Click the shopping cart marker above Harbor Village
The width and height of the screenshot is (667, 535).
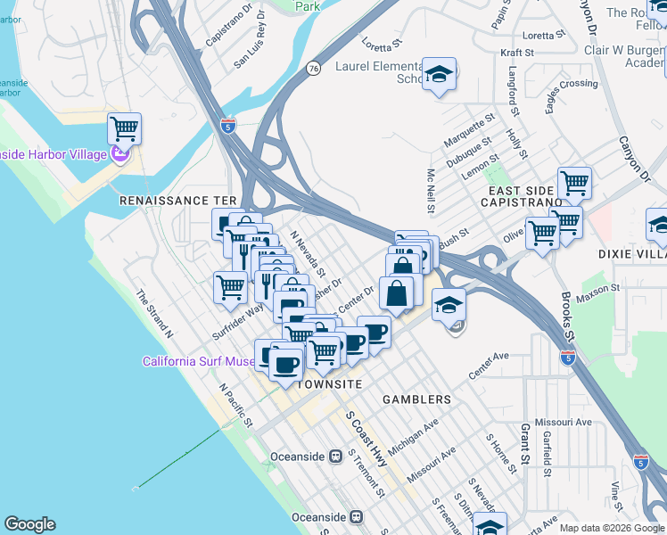pos(124,128)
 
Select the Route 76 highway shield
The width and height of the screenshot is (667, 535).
pos(313,68)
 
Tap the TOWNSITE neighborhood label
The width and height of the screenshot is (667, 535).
pos(328,383)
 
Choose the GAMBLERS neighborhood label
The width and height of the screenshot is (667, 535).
pos(417,399)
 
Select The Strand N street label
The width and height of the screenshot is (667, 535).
pos(154,313)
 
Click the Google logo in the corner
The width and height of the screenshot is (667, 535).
pos(30,524)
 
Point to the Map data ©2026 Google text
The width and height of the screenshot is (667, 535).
pos(611,528)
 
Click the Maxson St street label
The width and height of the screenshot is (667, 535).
pos(598,292)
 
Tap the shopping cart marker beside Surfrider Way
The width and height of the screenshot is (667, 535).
pos(230,286)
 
